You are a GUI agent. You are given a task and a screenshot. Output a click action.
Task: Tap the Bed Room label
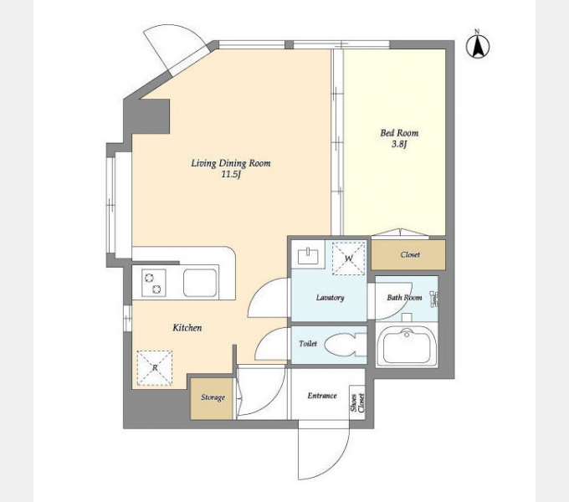tap(399, 133)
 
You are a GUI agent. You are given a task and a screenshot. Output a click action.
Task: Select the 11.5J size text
tap(232, 175)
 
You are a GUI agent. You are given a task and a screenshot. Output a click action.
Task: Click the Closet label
tap(410, 254)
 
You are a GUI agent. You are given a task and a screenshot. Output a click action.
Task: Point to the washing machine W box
tap(348, 259)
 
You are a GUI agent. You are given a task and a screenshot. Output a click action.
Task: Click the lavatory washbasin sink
tap(308, 256)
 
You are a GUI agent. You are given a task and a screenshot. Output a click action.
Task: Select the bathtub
tap(407, 345)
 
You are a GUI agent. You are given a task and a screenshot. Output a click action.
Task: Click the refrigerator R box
tap(155, 368)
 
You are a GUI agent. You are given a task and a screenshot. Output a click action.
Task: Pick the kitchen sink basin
tap(200, 283)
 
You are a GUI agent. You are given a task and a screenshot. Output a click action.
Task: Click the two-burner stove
tap(153, 283)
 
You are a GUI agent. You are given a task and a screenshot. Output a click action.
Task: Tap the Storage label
tap(213, 397)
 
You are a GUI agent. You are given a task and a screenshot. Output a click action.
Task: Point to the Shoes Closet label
tap(357, 403)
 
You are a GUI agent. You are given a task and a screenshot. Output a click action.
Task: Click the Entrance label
tap(322, 396)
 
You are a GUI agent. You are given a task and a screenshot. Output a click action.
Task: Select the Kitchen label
tap(187, 328)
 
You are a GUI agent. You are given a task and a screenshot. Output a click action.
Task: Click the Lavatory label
tap(330, 298)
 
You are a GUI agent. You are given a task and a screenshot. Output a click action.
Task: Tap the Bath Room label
tap(404, 298)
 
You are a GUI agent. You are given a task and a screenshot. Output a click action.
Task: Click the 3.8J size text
tap(399, 145)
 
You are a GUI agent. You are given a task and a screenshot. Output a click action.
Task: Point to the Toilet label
tap(308, 344)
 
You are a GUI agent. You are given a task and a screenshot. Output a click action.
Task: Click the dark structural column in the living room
tap(151, 116)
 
